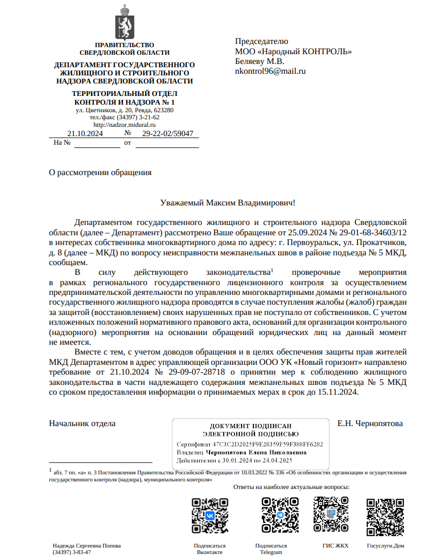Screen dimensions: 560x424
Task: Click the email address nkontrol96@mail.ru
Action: point(270,71)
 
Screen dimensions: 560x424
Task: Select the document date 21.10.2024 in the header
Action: point(84,133)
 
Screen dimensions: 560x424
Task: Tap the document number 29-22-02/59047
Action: point(167,133)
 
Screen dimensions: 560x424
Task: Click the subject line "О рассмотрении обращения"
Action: point(100,173)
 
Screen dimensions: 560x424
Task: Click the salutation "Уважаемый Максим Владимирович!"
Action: point(228,203)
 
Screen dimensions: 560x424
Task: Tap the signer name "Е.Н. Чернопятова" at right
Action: point(370,423)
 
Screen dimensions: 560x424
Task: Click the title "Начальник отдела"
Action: point(82,423)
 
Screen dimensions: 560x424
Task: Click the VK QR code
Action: point(210,516)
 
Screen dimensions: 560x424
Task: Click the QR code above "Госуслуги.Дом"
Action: point(385,516)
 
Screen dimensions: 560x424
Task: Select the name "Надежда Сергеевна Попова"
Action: point(87,545)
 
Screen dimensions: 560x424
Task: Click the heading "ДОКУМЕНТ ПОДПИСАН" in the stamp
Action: point(250,426)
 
